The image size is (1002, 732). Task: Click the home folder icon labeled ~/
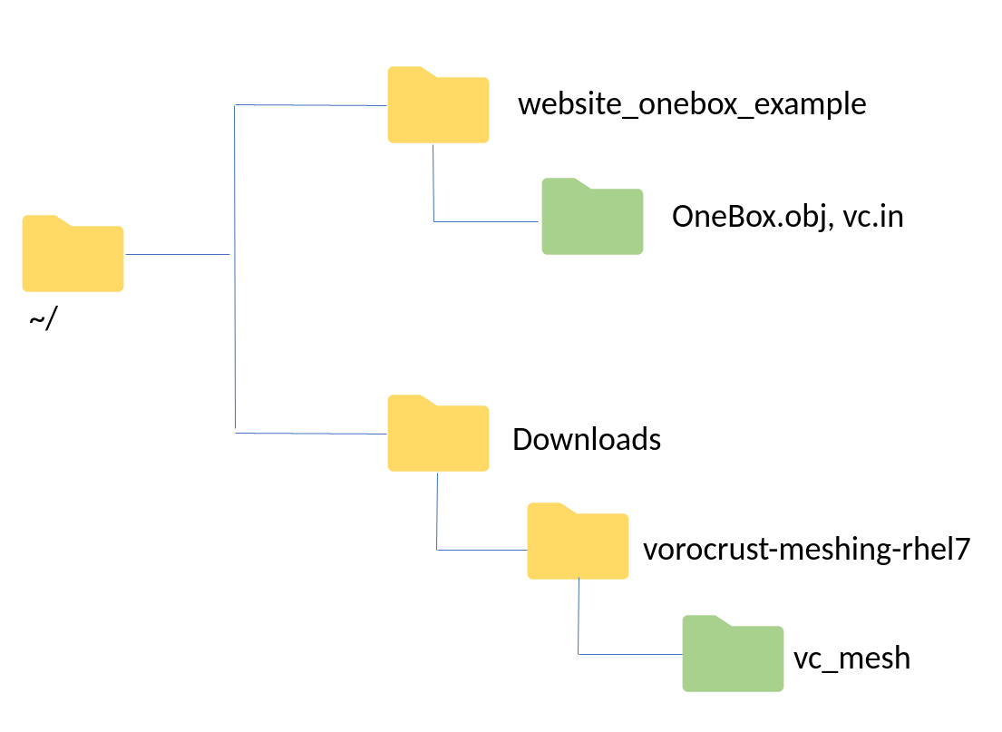point(73,257)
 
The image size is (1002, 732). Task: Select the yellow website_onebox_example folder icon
point(438,107)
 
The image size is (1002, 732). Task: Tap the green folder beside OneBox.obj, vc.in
point(592,219)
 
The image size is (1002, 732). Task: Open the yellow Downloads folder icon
point(438,435)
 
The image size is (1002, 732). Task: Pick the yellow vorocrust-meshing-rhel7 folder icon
point(578,543)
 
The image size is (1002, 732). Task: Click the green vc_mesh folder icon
point(733,656)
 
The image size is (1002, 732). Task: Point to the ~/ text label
point(42,320)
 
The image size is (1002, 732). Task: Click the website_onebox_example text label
point(692,104)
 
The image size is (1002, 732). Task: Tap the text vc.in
point(873,218)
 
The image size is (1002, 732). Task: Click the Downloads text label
point(587,440)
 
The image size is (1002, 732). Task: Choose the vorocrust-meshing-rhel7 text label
point(807,550)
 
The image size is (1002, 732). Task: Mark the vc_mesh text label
point(851,658)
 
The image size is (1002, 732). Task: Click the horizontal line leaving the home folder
point(177,255)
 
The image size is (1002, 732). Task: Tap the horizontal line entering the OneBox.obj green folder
point(488,221)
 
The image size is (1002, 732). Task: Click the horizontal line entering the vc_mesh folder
point(630,654)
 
